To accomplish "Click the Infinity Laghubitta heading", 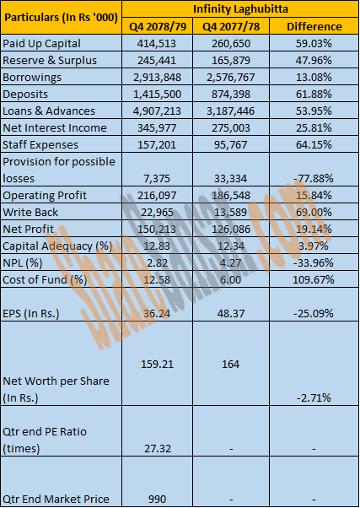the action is (240, 8).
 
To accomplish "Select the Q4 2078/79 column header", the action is (158, 26).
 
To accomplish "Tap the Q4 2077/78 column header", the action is (231, 26).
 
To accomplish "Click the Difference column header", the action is (314, 26).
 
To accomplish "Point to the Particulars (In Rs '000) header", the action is (61, 18).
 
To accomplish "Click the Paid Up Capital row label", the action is (41, 43).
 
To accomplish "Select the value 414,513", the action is (157, 43).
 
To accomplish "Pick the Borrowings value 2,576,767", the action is (231, 77).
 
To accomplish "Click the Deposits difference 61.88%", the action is (314, 94).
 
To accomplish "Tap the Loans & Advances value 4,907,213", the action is (157, 111).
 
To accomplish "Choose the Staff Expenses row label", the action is (40, 144).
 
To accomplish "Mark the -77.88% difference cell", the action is (313, 178).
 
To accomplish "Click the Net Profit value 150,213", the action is (157, 229).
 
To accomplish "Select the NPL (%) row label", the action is (22, 262).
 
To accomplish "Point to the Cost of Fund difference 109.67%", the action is (313, 279).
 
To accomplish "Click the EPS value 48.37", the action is (230, 313).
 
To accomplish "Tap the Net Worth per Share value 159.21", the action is (157, 364).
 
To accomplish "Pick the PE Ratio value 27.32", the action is (157, 448).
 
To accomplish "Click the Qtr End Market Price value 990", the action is (157, 499).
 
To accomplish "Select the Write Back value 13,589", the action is (231, 212).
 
